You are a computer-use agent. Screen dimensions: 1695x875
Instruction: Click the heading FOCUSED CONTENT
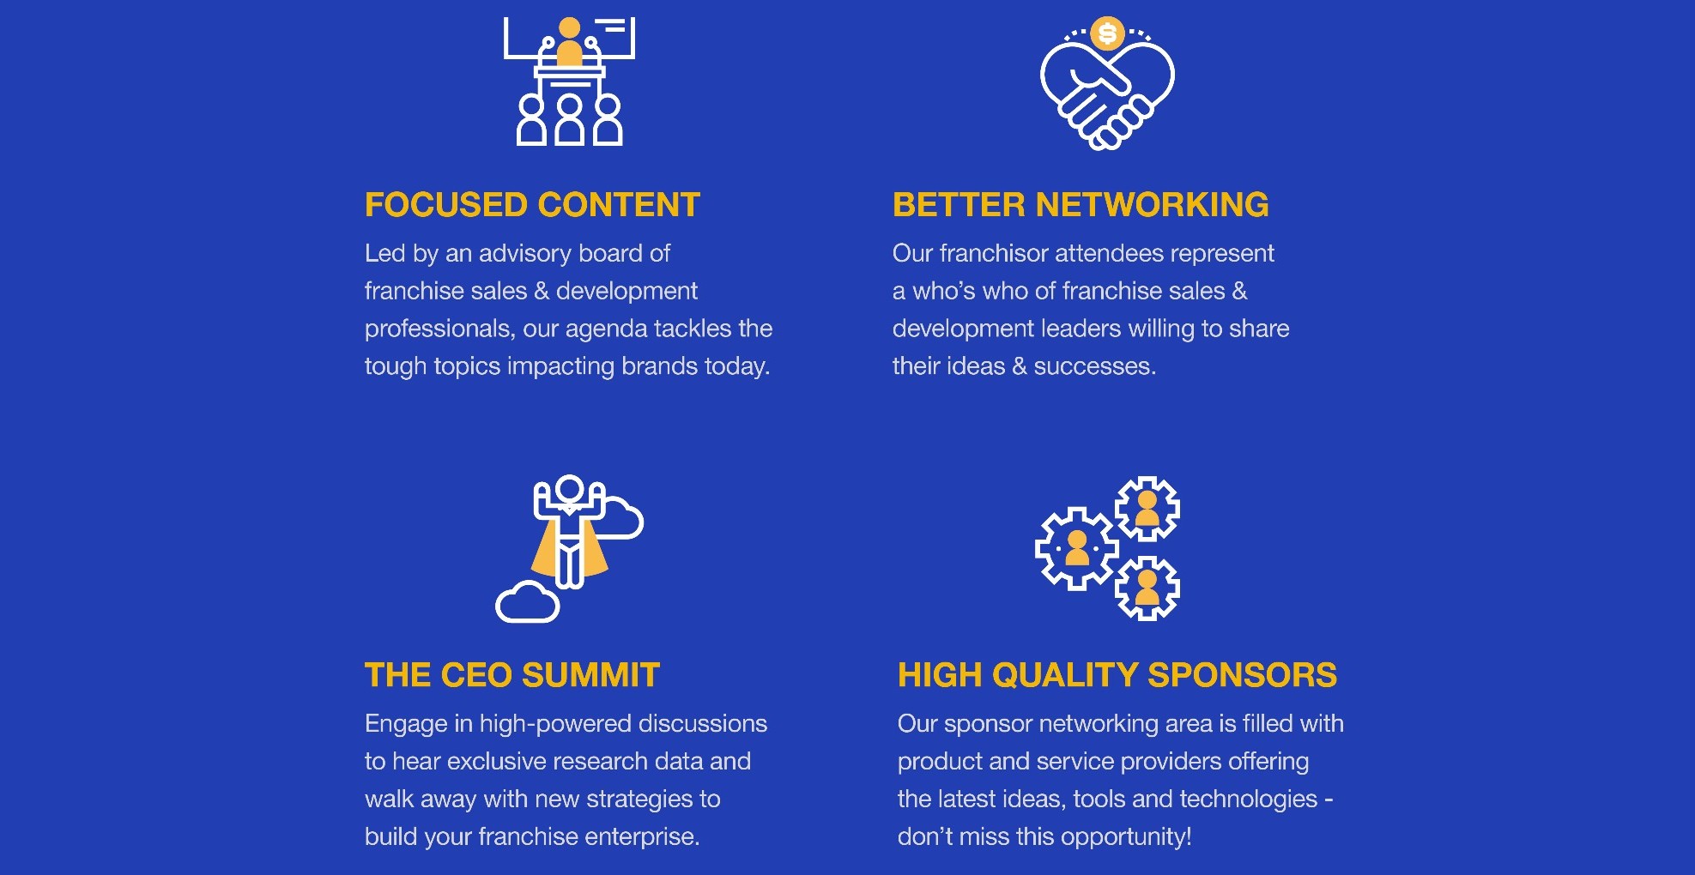click(x=532, y=205)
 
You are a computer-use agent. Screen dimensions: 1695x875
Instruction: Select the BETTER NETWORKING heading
click(x=1081, y=205)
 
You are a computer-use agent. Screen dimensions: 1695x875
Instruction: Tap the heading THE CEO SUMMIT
click(x=512, y=675)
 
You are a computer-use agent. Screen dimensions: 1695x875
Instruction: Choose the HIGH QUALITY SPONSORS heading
click(x=1117, y=675)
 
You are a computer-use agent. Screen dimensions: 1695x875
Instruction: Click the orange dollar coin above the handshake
click(x=1107, y=33)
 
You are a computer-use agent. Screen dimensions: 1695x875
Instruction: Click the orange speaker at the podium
click(x=569, y=43)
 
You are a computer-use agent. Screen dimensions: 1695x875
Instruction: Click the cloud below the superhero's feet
click(x=528, y=602)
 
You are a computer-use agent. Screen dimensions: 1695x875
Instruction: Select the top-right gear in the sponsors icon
click(x=1147, y=509)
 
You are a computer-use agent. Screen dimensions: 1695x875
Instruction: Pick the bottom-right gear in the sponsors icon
click(x=1147, y=588)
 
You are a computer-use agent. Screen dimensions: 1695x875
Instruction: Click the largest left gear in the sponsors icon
click(x=1077, y=548)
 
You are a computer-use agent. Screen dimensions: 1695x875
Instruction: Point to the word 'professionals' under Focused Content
click(x=439, y=329)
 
